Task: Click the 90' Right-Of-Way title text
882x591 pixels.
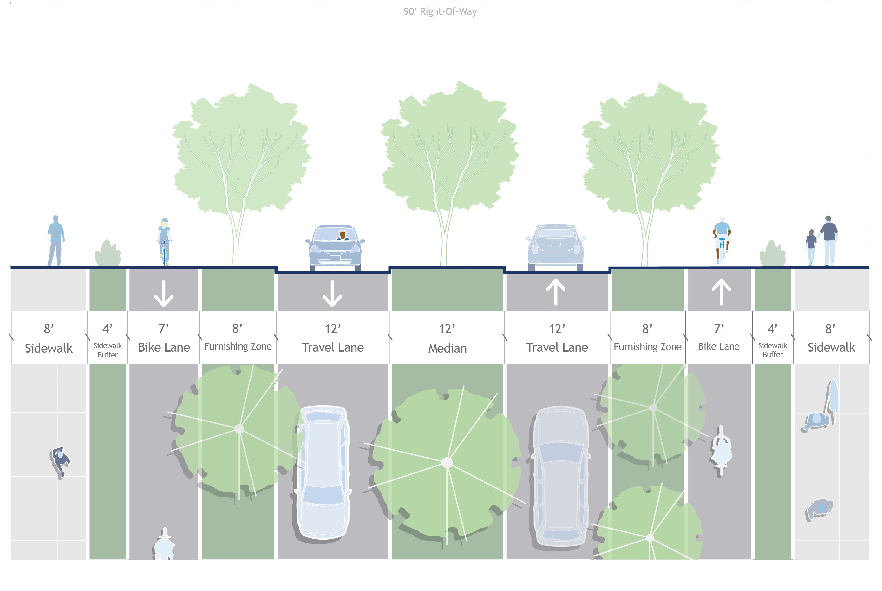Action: [x=440, y=12]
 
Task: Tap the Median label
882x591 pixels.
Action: [x=447, y=348]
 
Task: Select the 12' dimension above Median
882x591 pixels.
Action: [x=447, y=329]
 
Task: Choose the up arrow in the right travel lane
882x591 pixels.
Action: [x=556, y=292]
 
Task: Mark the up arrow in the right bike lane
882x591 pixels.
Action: [x=721, y=292]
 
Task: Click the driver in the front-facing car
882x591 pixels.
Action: [x=343, y=235]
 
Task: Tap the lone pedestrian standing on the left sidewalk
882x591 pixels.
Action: [x=56, y=241]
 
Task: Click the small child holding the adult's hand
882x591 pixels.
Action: [x=811, y=247]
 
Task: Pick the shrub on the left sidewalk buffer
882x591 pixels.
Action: [x=108, y=253]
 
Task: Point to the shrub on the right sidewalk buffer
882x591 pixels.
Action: [x=772, y=254]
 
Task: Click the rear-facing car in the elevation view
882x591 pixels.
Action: [x=556, y=247]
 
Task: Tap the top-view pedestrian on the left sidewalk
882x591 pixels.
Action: [x=60, y=461]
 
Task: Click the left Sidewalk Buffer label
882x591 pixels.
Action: [x=108, y=350]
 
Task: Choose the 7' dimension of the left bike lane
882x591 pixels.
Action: [x=163, y=329]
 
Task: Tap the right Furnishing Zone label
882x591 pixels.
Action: [x=647, y=347]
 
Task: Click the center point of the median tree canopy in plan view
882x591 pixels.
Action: [x=447, y=462]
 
